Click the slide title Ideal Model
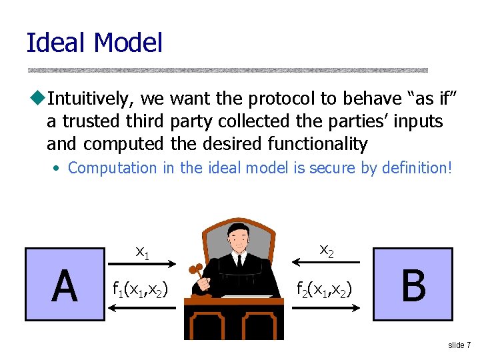click(94, 43)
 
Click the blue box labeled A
click(65, 285)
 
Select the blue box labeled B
click(413, 285)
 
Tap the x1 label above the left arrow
click(142, 251)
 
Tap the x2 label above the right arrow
click(326, 250)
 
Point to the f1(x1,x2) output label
click(140, 289)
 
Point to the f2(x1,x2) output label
click(326, 289)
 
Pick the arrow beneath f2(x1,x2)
click(326, 307)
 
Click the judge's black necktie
click(239, 262)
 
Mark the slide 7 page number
click(459, 345)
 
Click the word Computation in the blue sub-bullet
click(113, 168)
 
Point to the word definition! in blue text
click(417, 168)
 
